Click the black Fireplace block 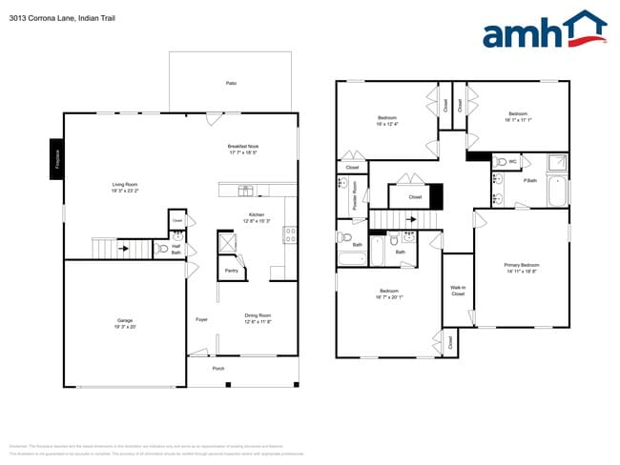57,157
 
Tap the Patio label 231,84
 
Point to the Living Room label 126,188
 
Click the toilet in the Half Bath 163,250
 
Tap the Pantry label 231,271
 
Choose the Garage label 125,323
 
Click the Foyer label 202,319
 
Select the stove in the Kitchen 290,234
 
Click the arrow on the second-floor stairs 411,219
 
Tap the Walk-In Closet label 458,291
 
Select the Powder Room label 355,193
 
